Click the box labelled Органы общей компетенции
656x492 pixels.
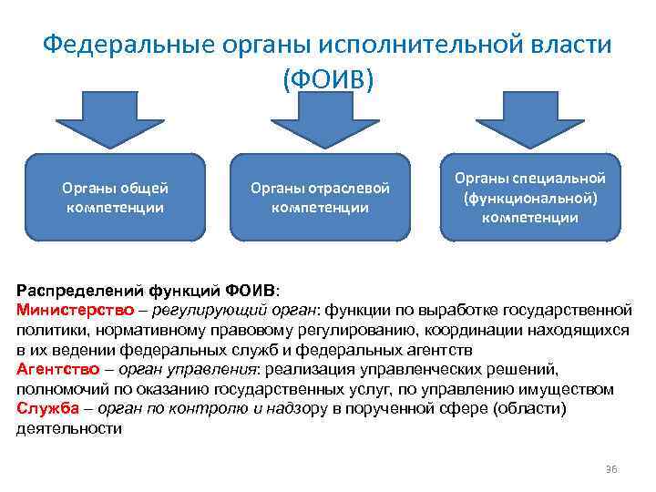pyautogui.click(x=115, y=198)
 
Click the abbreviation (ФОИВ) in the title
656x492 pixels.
pyautogui.click(x=328, y=79)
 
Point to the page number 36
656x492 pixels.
pyautogui.click(x=611, y=468)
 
